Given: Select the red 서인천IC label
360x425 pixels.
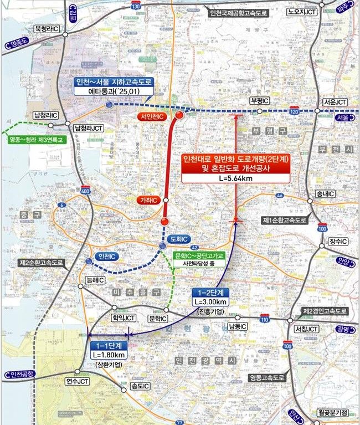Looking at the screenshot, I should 152,117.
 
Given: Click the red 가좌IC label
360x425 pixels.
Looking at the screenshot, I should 148,200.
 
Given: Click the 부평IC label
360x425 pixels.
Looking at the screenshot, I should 259,101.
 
